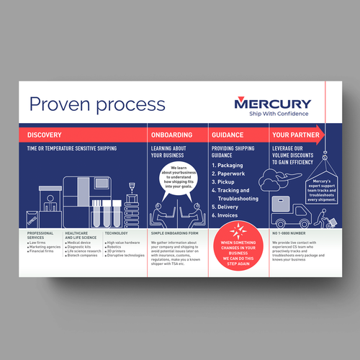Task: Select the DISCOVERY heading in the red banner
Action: (45, 135)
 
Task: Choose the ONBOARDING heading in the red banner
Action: (171, 135)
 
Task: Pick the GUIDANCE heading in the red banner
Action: (229, 135)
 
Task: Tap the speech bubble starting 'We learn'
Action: (177, 176)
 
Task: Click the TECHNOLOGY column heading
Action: (117, 234)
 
